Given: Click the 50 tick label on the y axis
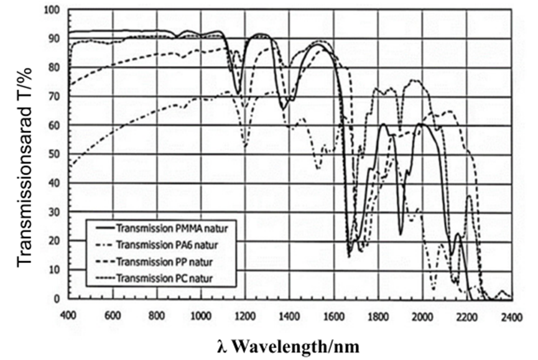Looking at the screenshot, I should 55,154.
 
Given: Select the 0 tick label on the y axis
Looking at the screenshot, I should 57,299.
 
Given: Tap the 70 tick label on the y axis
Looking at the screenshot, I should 55,97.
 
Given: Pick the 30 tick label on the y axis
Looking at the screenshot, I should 55,212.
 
